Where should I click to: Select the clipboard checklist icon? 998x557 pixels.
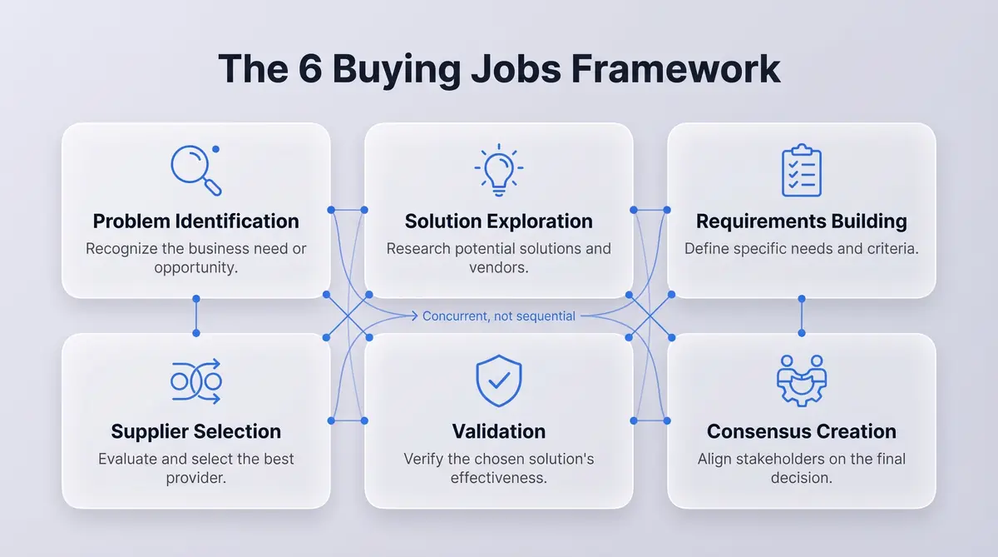click(x=801, y=171)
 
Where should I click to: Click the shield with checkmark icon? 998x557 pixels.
click(x=498, y=381)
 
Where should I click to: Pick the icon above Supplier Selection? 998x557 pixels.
click(x=196, y=381)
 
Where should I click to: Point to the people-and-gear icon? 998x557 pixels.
click(x=801, y=381)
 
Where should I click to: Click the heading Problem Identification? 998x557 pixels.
click(x=196, y=221)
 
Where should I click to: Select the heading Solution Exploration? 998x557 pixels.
click(x=498, y=221)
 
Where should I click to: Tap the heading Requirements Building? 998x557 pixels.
click(x=801, y=221)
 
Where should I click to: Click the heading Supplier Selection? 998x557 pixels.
click(x=196, y=431)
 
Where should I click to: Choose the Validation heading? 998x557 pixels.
click(x=498, y=431)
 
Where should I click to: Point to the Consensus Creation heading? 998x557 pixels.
click(x=801, y=431)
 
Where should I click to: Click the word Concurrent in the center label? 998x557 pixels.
click(x=457, y=316)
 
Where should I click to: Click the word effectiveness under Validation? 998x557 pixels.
click(x=498, y=479)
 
